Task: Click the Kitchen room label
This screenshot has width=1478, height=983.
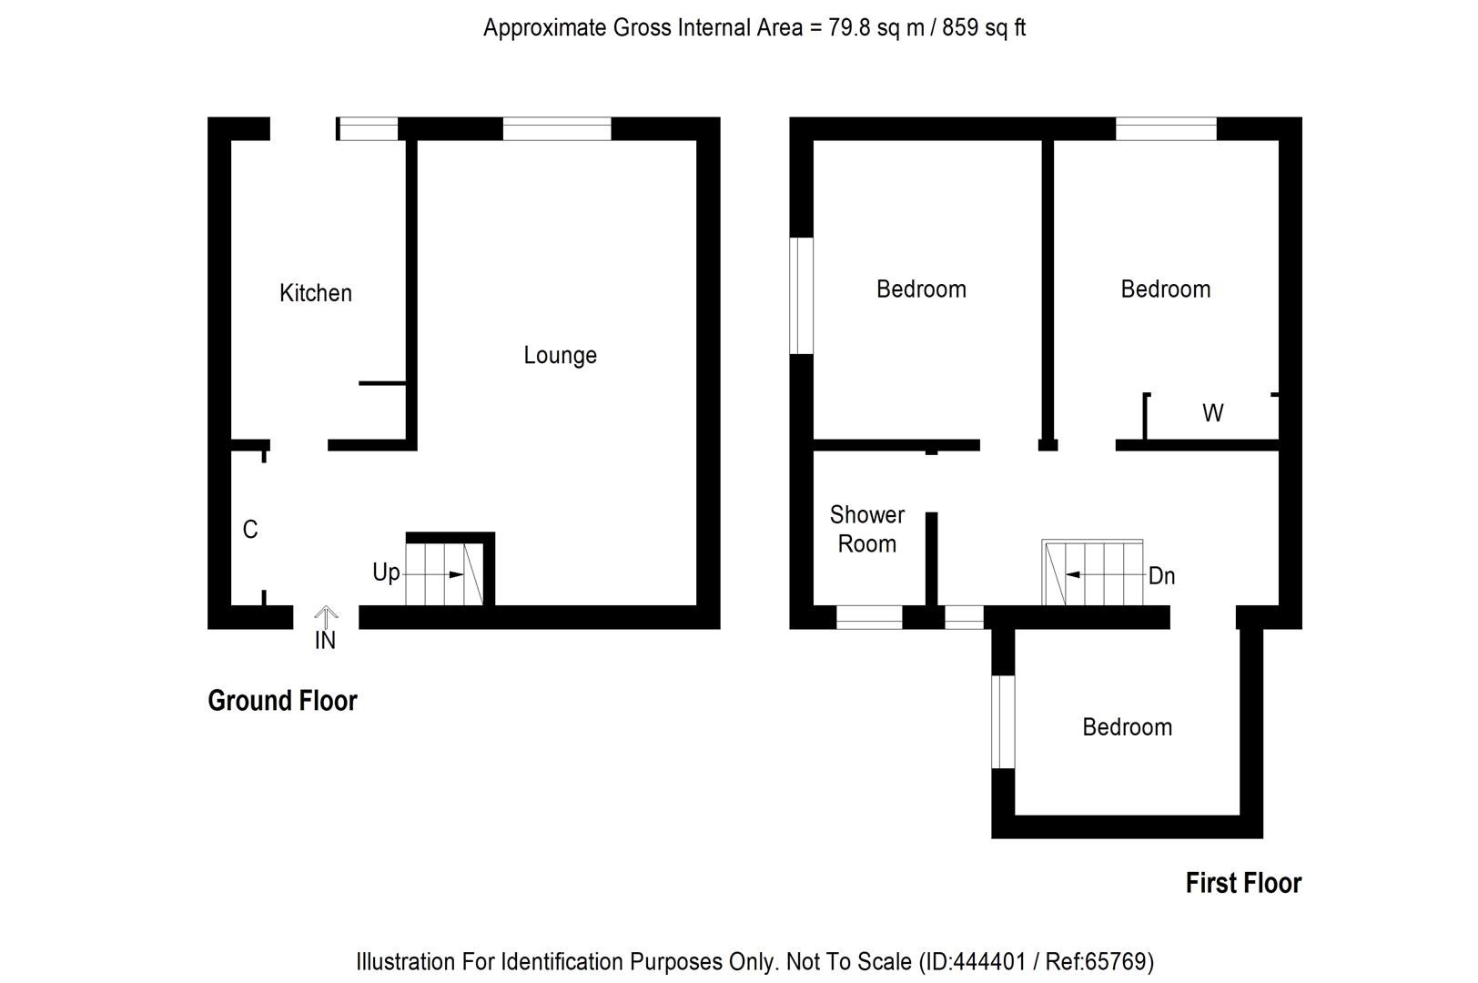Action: pyautogui.click(x=315, y=293)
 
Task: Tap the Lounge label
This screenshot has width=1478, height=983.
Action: pyautogui.click(x=560, y=355)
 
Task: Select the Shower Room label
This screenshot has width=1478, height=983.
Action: pyautogui.click(x=867, y=529)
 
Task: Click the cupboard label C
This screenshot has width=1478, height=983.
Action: pyautogui.click(x=250, y=529)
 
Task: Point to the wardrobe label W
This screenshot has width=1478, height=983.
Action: pyautogui.click(x=1212, y=413)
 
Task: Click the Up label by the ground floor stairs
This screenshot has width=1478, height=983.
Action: pyautogui.click(x=386, y=573)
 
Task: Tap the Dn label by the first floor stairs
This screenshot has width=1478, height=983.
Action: pyautogui.click(x=1161, y=575)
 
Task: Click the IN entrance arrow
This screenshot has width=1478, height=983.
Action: pyautogui.click(x=326, y=617)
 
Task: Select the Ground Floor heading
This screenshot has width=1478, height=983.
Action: pyautogui.click(x=282, y=701)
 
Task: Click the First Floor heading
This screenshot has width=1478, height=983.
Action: pyautogui.click(x=1243, y=883)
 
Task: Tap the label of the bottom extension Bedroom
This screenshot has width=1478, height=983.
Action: pyautogui.click(x=1127, y=727)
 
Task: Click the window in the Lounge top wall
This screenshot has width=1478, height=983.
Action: pyautogui.click(x=556, y=129)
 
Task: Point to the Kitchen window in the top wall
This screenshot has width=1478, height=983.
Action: pyautogui.click(x=368, y=129)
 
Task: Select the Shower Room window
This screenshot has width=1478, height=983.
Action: pyautogui.click(x=869, y=617)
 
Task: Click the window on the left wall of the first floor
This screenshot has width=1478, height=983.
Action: pyautogui.click(x=801, y=296)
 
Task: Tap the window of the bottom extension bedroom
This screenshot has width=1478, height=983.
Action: pyautogui.click(x=1003, y=722)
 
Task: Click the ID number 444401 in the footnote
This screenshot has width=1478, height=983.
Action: pyautogui.click(x=988, y=962)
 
